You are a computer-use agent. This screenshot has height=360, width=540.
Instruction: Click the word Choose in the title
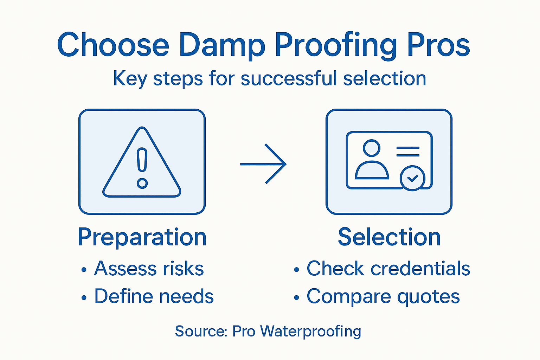pos(113,45)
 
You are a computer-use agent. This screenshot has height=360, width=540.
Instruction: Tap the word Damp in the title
pos(222,45)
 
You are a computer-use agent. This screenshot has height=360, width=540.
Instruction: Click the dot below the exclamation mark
pos(142,183)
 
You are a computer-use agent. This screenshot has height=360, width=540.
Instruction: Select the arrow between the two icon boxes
pos(263,164)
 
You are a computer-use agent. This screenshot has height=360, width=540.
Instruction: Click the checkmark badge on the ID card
pos(412,178)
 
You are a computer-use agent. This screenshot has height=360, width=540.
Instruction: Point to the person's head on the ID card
pos(372,148)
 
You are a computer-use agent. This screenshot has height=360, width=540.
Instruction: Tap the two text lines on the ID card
pos(408,152)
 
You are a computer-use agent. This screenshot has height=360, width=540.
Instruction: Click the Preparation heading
pos(142,237)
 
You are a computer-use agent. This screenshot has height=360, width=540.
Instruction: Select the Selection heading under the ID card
pos(389,237)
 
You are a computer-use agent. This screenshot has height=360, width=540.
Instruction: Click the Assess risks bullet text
pos(149,269)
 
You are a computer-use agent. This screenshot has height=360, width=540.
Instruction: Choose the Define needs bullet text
pos(154,296)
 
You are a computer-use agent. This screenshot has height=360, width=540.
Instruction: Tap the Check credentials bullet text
pos(388,269)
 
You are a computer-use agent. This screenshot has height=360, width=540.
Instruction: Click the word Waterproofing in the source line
pos(310,332)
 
